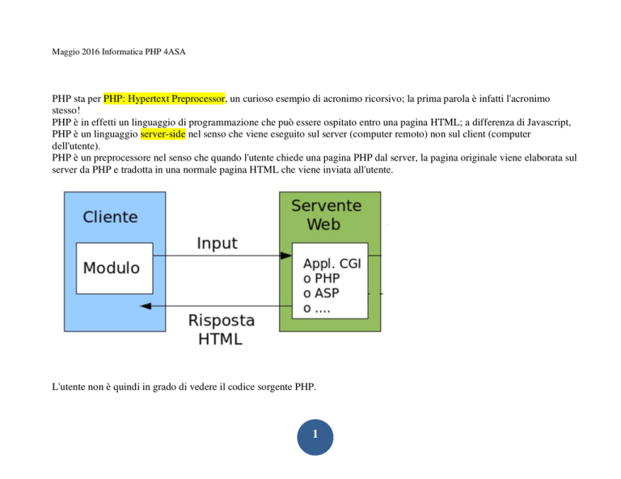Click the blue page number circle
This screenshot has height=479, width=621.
point(315,437)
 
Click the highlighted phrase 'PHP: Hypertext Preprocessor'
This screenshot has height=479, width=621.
point(164,99)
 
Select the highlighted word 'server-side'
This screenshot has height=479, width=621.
point(163,134)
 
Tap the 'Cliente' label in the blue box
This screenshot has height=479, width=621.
point(110,216)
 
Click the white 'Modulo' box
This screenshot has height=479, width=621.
point(115,268)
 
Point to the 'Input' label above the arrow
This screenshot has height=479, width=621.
point(217,243)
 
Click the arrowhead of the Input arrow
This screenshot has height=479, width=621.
point(286,255)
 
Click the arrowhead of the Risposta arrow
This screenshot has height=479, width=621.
point(146,306)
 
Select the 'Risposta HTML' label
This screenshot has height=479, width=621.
point(221,330)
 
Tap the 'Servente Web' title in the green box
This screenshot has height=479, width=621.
point(327,215)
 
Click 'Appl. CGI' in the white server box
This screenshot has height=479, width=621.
point(332,263)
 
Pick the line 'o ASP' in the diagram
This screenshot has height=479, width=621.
point(321,293)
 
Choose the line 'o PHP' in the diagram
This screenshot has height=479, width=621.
point(322,279)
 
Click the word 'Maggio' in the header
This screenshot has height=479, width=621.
point(65,52)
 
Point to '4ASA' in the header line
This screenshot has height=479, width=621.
point(175,52)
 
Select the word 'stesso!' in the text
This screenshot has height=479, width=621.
point(66,111)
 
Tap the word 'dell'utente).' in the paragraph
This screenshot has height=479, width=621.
point(76,146)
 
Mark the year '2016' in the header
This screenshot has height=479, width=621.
point(91,52)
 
